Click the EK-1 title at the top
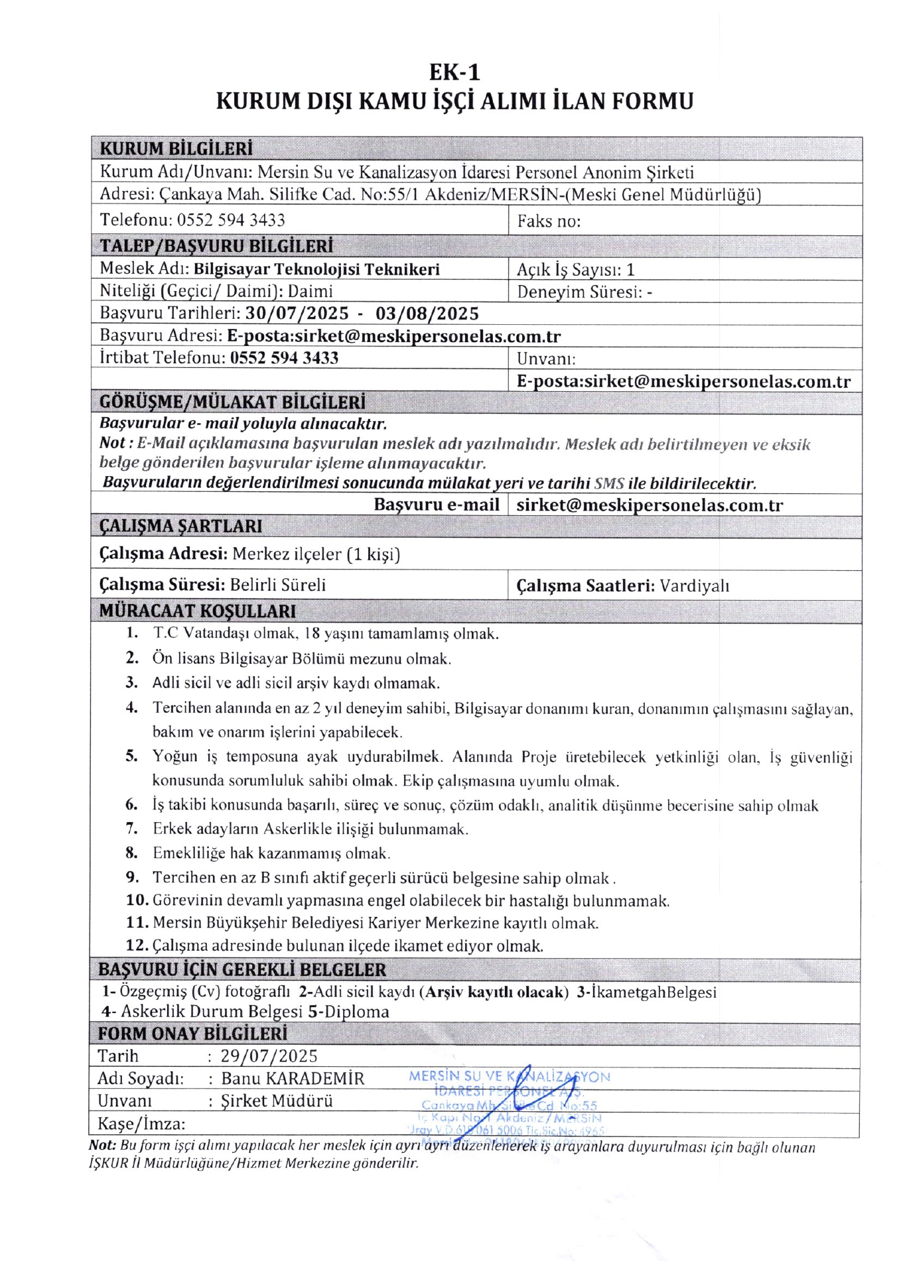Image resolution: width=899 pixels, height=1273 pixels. pyautogui.click(x=454, y=72)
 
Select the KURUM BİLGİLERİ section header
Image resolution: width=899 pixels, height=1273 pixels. pyautogui.click(x=176, y=149)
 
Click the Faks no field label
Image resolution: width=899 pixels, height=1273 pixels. pyautogui.click(x=549, y=221)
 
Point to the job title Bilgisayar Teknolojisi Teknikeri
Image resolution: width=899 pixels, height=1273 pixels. pyautogui.click(x=316, y=269)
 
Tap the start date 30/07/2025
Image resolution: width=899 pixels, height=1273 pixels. pyautogui.click(x=297, y=314)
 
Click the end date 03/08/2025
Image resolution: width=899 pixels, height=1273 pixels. pyautogui.click(x=427, y=314)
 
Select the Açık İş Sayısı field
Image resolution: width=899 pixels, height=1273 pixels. pyautogui.click(x=575, y=270)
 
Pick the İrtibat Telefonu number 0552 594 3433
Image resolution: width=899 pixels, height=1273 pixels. pyautogui.click(x=284, y=358)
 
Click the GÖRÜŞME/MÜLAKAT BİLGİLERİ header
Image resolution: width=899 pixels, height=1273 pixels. pyautogui.click(x=232, y=402)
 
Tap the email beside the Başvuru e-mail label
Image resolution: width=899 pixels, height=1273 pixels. pyautogui.click(x=650, y=505)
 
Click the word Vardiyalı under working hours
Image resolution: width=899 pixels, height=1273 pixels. pyautogui.click(x=694, y=586)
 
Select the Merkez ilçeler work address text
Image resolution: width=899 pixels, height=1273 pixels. pyautogui.click(x=316, y=554)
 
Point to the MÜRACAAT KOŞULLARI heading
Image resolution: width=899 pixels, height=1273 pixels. pyautogui.click(x=198, y=611)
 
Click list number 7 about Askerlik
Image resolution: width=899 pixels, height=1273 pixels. pyautogui.click(x=132, y=829)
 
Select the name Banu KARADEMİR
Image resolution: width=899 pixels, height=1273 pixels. pyautogui.click(x=293, y=1079)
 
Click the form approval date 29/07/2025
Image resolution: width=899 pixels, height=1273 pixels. pyautogui.click(x=269, y=1056)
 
